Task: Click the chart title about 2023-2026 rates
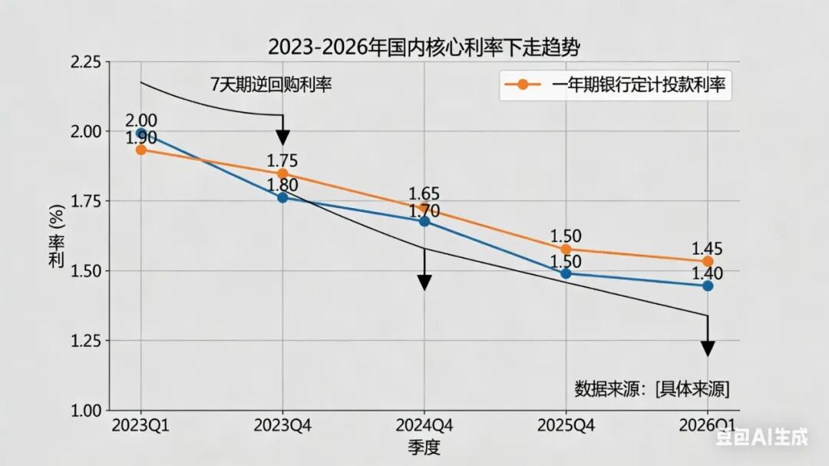click(x=424, y=47)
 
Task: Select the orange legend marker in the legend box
click(x=522, y=85)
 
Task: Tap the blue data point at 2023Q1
click(x=140, y=134)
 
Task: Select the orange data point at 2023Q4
click(x=282, y=174)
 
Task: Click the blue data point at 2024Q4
click(x=424, y=221)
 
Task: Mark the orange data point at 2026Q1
click(x=708, y=262)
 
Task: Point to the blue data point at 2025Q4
click(x=566, y=273)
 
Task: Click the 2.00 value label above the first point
click(x=141, y=120)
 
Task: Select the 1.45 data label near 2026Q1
click(x=707, y=249)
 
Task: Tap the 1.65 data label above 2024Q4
click(x=424, y=193)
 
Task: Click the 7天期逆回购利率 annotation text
click(x=271, y=85)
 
